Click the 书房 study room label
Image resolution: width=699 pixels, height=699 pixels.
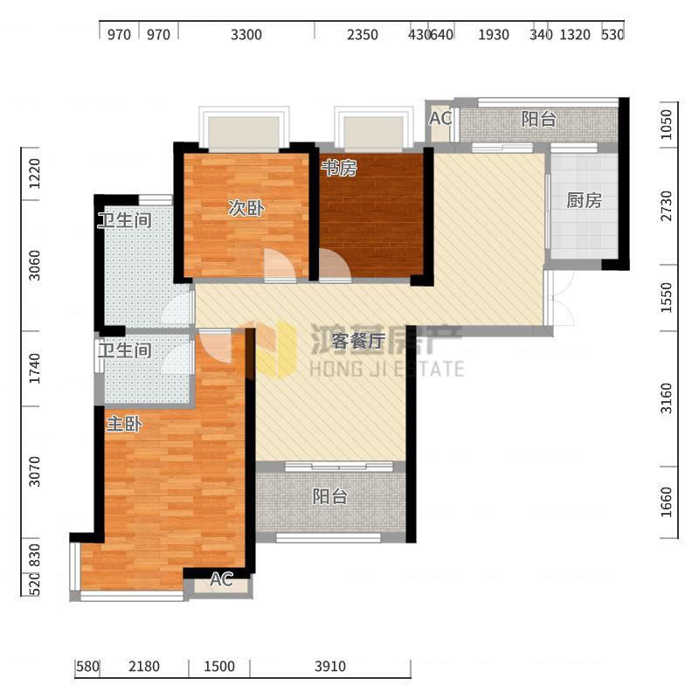click(x=339, y=168)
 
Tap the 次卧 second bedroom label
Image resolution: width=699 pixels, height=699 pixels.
click(x=246, y=208)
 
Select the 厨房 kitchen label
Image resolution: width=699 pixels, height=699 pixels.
click(x=584, y=201)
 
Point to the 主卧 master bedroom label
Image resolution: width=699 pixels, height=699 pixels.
click(x=124, y=424)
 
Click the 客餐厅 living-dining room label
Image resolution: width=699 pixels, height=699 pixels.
click(x=358, y=341)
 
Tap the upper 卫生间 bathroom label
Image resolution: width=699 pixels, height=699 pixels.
click(x=125, y=220)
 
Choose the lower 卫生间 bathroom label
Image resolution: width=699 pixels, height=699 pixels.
click(x=125, y=350)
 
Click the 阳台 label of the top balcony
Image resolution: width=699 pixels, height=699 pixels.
click(x=539, y=119)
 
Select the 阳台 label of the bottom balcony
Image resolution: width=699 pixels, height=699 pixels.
click(x=329, y=496)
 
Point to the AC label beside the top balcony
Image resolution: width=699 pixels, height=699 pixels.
click(x=440, y=119)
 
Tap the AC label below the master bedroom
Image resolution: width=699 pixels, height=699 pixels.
click(x=221, y=579)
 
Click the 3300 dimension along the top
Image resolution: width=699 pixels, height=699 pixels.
click(x=246, y=35)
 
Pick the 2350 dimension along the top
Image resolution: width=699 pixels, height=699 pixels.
click(x=363, y=35)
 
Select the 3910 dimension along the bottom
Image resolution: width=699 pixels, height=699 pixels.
click(x=330, y=667)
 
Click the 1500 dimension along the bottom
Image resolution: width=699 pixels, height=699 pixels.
click(x=219, y=667)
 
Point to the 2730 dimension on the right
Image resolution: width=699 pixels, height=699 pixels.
click(x=666, y=205)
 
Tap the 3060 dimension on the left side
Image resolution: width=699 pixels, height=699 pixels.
click(x=34, y=266)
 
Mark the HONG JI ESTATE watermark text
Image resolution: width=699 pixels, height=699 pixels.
click(x=387, y=369)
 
